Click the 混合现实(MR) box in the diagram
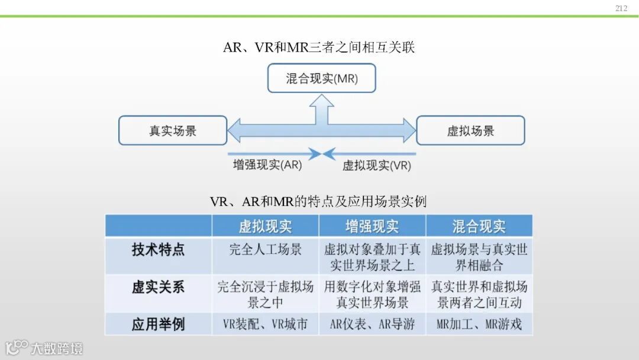click(322, 78)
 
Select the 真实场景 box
click(173, 130)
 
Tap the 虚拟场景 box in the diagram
click(470, 130)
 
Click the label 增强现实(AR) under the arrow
click(267, 165)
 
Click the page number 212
click(621, 8)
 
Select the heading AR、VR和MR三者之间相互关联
click(319, 47)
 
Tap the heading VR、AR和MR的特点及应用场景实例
click(318, 201)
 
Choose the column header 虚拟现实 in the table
click(265, 226)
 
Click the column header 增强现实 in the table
click(372, 226)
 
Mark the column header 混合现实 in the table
click(479, 226)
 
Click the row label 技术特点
click(158, 249)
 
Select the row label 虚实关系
click(158, 287)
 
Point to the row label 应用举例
click(158, 324)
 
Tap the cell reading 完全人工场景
click(265, 249)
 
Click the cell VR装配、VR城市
click(265, 324)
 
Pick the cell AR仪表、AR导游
click(372, 324)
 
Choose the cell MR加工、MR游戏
click(479, 324)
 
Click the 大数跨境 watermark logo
click(44, 348)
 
